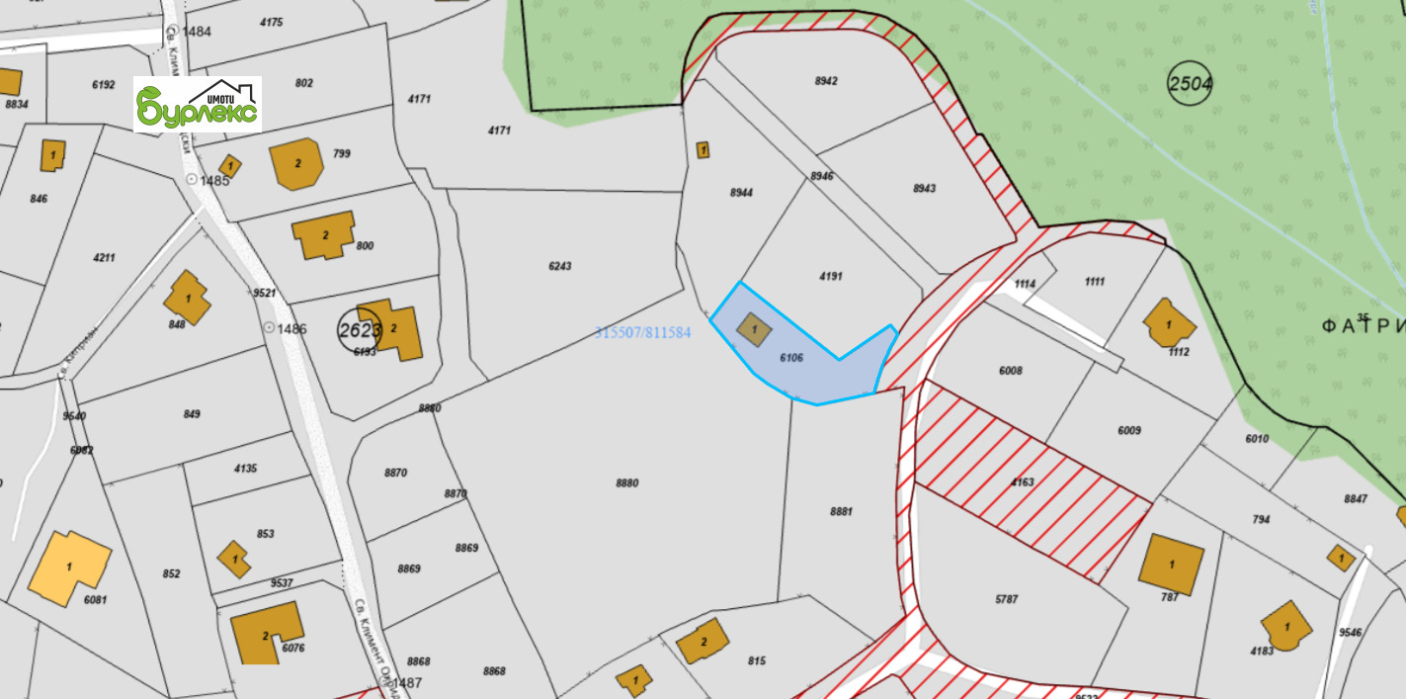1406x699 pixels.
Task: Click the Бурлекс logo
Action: point(198,104)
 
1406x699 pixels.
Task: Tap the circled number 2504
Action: point(1190,83)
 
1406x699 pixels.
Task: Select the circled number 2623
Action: point(358,330)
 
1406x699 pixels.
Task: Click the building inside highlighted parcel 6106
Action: point(755,329)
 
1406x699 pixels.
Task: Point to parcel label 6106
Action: point(791,357)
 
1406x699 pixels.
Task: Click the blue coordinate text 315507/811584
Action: point(642,333)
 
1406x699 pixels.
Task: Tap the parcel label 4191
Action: point(831,276)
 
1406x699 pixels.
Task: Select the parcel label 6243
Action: point(560,266)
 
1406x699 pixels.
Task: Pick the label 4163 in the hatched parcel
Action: point(1022,482)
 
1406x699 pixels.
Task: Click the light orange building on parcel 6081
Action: point(69,567)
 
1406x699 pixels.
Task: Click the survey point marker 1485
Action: point(192,180)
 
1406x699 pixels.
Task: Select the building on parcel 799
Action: point(296,164)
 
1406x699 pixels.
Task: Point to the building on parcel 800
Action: point(324,235)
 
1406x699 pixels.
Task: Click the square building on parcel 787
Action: point(1171,564)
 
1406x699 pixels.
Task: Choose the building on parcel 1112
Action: point(1169,323)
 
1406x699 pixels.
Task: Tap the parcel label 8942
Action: point(826,81)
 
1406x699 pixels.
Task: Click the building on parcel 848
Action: point(188,297)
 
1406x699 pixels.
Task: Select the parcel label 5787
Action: point(1007,599)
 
